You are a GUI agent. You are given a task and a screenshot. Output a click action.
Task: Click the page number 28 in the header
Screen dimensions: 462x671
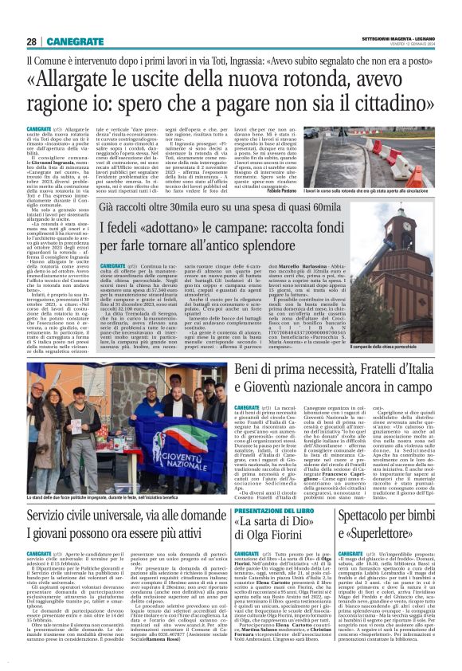32,41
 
